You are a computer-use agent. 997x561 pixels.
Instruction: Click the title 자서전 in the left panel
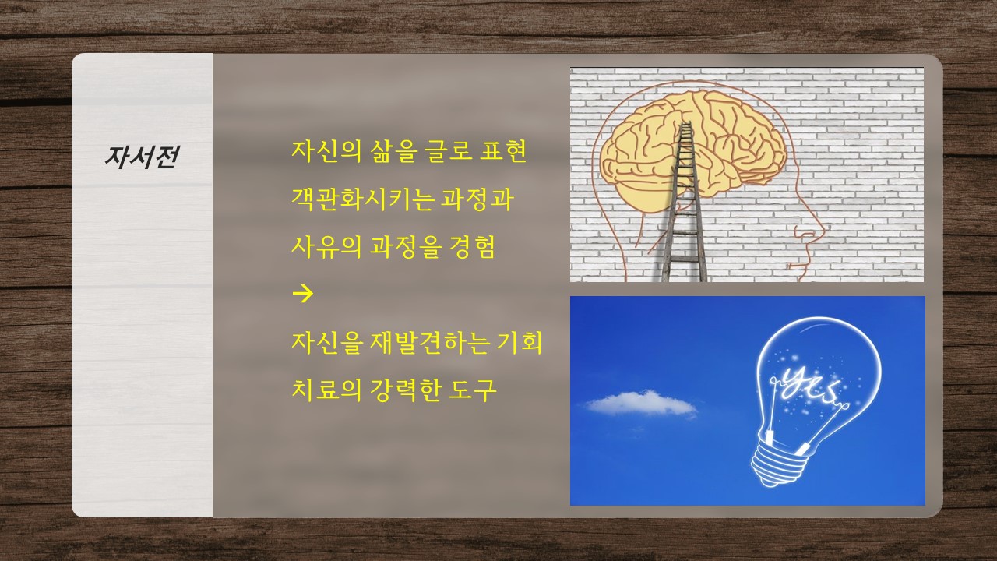pyautogui.click(x=142, y=157)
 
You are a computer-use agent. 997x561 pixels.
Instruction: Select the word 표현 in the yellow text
pyautogui.click(x=503, y=151)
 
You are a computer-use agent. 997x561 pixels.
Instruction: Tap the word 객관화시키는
pyautogui.click(x=363, y=199)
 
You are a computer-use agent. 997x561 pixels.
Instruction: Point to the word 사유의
pyautogui.click(x=326, y=247)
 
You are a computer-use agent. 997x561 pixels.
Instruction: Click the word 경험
pyautogui.click(x=472, y=247)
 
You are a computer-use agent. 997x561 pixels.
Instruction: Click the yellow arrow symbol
pyautogui.click(x=303, y=294)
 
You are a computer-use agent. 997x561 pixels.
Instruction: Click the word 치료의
pyautogui.click(x=326, y=390)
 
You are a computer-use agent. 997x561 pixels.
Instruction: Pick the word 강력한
pyautogui.click(x=405, y=390)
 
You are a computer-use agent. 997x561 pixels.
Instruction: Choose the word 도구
pyautogui.click(x=472, y=390)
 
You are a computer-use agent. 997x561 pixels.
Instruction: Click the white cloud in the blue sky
pyautogui.click(x=641, y=403)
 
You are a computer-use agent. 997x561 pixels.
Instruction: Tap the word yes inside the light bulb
pyautogui.click(x=806, y=386)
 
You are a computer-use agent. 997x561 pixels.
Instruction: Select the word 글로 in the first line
pyautogui.click(x=449, y=151)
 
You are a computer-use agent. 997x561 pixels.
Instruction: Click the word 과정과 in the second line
pyautogui.click(x=477, y=199)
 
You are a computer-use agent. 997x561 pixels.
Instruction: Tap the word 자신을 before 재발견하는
pyautogui.click(x=326, y=342)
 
